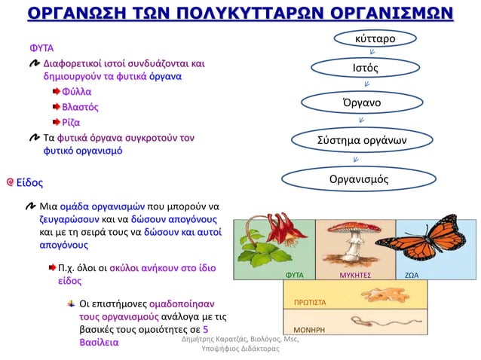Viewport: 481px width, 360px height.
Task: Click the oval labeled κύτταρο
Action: (x=375, y=38)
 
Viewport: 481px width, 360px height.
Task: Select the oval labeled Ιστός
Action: (x=365, y=69)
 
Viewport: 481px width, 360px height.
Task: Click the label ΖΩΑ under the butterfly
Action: (x=412, y=276)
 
